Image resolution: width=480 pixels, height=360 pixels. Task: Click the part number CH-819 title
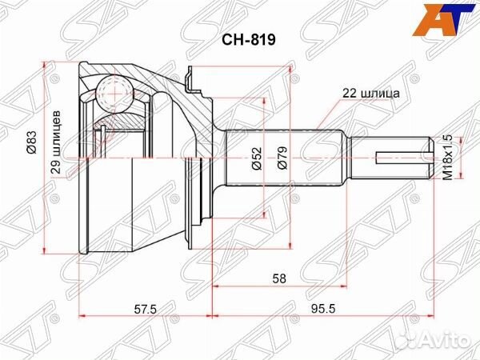248,39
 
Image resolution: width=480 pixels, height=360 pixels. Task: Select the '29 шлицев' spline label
56,142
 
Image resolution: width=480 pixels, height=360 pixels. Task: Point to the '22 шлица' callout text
370,93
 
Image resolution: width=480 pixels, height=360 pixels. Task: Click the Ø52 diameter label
257,158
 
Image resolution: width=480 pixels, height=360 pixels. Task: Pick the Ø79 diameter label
282,158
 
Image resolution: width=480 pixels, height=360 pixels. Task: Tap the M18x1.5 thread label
447,158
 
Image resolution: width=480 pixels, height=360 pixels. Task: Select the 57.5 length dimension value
145,300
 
